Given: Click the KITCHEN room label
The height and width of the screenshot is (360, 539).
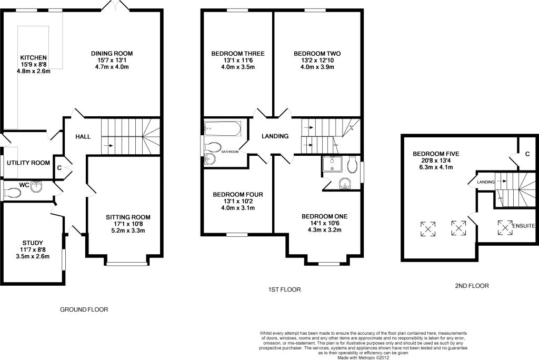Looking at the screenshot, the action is click(x=33, y=58).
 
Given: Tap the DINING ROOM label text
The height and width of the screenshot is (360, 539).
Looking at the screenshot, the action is click(x=112, y=53).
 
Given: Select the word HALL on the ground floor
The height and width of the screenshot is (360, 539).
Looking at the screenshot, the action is click(x=83, y=136).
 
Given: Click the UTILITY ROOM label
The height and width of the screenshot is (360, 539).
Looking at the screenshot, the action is click(x=28, y=163).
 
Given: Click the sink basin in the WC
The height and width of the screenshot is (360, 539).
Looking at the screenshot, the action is click(x=36, y=187).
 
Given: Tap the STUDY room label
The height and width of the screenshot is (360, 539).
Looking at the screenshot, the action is click(x=33, y=243).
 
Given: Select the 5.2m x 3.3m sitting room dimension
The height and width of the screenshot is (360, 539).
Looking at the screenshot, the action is click(x=128, y=231).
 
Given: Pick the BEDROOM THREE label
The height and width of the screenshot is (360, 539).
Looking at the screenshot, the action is click(x=238, y=54).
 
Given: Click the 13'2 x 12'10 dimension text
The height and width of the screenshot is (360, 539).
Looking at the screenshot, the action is click(x=317, y=60).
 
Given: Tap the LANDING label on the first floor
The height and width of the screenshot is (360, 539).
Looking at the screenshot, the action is click(x=275, y=136).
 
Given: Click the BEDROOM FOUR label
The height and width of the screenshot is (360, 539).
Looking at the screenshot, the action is click(x=238, y=195).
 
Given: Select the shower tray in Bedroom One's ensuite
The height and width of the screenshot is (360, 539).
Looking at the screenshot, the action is click(x=333, y=164).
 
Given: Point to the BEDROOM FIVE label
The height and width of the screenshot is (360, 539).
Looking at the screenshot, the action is click(x=436, y=154).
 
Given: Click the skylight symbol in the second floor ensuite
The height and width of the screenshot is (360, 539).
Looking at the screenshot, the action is click(x=505, y=227).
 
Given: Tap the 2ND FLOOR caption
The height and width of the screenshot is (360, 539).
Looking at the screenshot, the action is click(x=472, y=286).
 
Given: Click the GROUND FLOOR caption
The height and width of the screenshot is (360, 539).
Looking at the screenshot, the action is click(x=84, y=310).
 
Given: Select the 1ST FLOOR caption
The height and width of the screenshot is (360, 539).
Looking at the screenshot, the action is click(x=284, y=290).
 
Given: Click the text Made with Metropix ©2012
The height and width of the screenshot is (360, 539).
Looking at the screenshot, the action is click(x=363, y=357).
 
